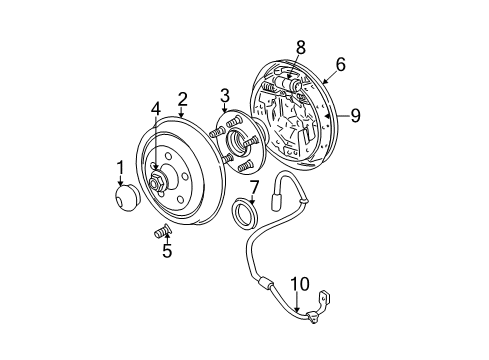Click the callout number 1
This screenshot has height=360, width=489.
coord(120,167)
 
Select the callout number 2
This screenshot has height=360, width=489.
coord(182,98)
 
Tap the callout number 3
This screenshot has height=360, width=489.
coord(226,96)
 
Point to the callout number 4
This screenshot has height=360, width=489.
coord(155,108)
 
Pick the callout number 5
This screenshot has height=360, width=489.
coord(167,251)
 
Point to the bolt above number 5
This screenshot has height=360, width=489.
coord(158,232)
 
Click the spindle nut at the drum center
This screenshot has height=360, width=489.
coord(158,183)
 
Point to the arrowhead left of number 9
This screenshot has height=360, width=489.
coord(327,115)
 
